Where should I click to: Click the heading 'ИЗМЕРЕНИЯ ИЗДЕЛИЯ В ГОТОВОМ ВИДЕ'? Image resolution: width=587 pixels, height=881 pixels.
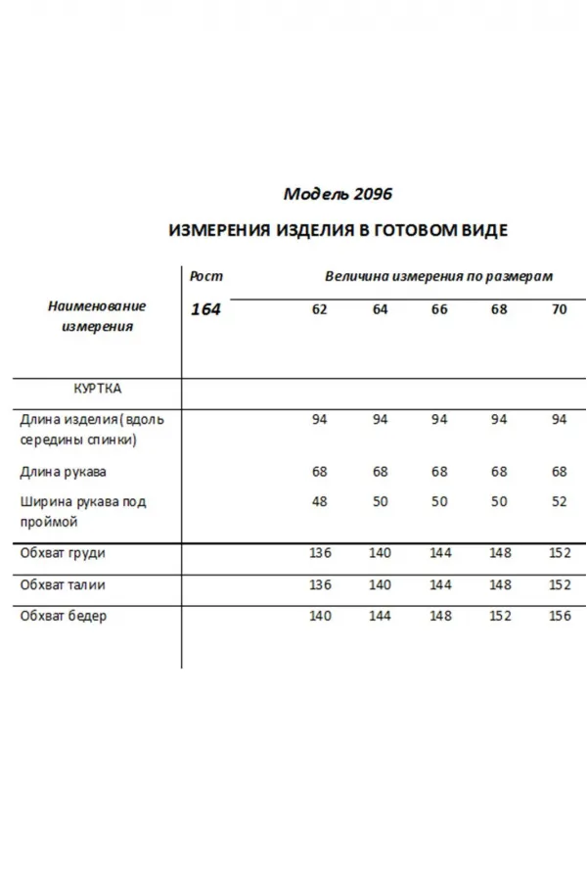pyautogui.click(x=339, y=231)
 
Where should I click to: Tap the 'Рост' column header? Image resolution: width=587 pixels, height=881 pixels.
pyautogui.click(x=206, y=276)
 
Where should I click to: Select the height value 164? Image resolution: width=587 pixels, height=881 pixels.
pyautogui.click(x=206, y=309)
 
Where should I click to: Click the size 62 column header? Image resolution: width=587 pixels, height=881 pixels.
pyautogui.click(x=320, y=309)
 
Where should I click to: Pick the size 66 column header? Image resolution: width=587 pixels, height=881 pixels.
pyautogui.click(x=439, y=309)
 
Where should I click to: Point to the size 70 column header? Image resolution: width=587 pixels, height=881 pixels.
pyautogui.click(x=559, y=309)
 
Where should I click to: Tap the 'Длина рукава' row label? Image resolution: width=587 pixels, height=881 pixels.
pyautogui.click(x=64, y=472)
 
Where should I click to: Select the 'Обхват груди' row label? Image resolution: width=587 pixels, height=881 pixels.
pyautogui.click(x=63, y=553)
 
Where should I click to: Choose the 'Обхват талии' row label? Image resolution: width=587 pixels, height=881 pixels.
pyautogui.click(x=63, y=584)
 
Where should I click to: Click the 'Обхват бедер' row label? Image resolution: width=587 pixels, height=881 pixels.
pyautogui.click(x=64, y=616)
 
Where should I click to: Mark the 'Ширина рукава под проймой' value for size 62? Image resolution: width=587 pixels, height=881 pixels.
pyautogui.click(x=320, y=501)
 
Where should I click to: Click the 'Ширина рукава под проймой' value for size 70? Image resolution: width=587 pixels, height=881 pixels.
pyautogui.click(x=559, y=501)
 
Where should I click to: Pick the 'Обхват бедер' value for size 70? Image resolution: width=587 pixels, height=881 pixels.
pyautogui.click(x=559, y=616)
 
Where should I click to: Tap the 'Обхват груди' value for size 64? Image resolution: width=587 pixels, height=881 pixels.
pyautogui.click(x=380, y=553)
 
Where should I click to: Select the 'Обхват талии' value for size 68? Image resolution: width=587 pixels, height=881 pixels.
pyautogui.click(x=500, y=584)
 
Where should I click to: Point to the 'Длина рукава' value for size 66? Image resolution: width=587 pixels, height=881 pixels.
pyautogui.click(x=439, y=472)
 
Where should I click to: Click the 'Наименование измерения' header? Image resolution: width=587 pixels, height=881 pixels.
pyautogui.click(x=97, y=316)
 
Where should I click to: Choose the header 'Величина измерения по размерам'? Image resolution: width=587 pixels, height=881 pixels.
pyautogui.click(x=439, y=276)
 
